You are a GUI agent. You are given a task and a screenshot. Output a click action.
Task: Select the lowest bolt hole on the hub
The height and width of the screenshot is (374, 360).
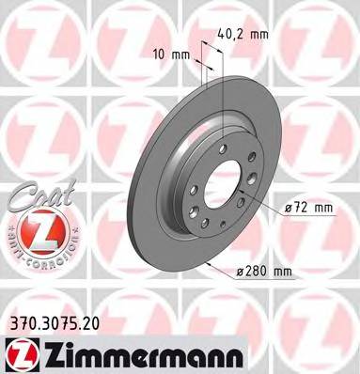(x=213, y=217)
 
